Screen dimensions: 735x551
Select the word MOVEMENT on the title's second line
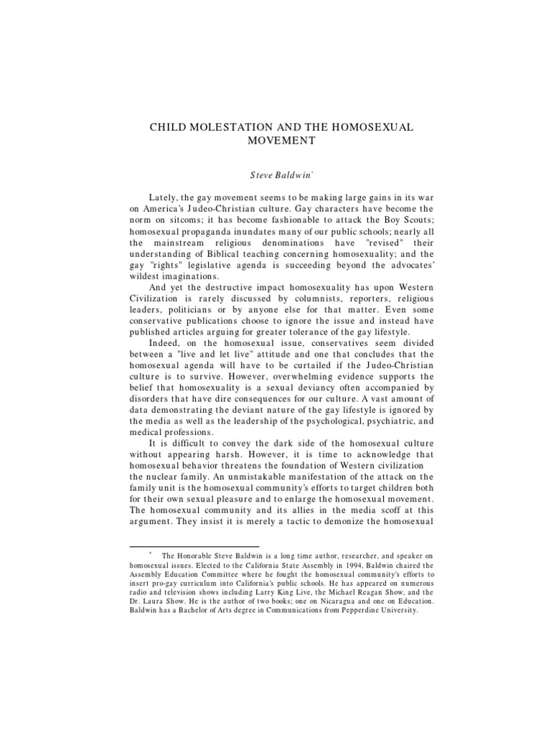point(281,141)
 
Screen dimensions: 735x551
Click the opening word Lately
point(162,197)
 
